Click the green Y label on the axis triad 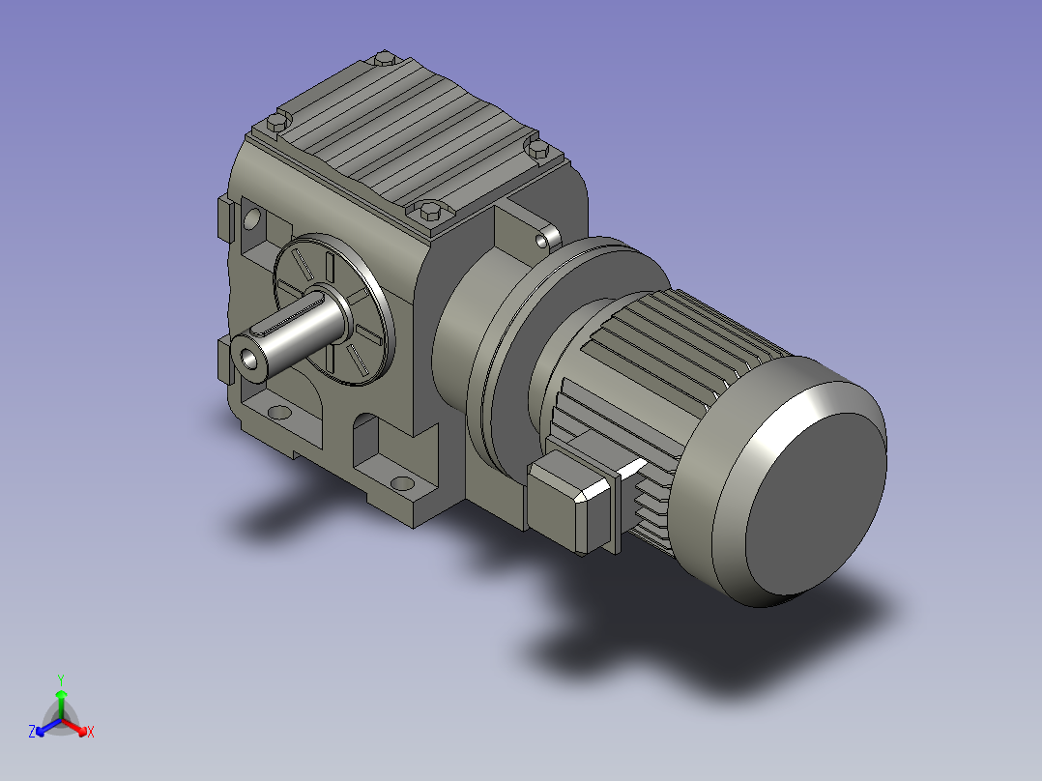[x=61, y=680]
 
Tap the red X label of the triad [x=91, y=732]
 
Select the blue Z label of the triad [x=31, y=731]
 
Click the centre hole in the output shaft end [x=249, y=359]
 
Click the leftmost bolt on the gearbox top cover [x=278, y=122]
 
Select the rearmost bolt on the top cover [x=385, y=59]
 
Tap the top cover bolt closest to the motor [x=537, y=148]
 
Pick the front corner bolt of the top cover [x=430, y=212]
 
